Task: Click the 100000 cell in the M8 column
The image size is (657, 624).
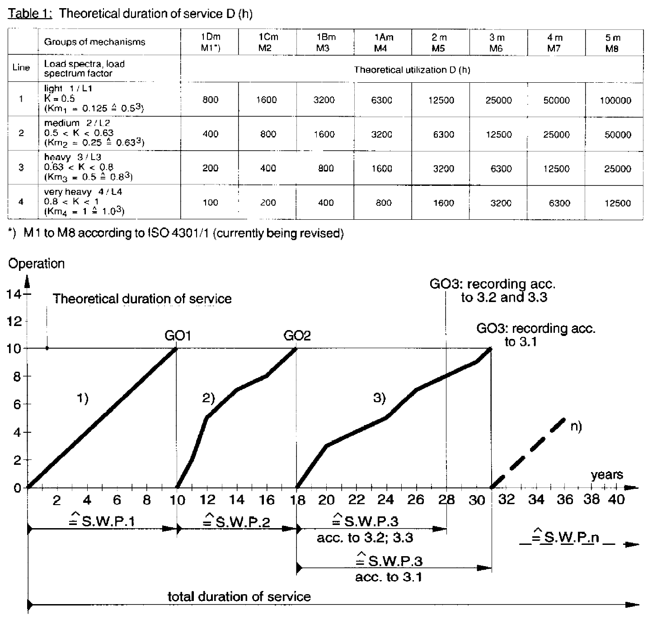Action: pyautogui.click(x=615, y=100)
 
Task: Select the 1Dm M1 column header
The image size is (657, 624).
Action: pyautogui.click(x=210, y=42)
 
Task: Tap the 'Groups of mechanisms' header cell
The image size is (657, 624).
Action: pyautogui.click(x=94, y=42)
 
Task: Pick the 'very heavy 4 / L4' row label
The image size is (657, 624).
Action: pyautogui.click(x=83, y=192)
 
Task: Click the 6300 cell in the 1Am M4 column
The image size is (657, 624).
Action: pyautogui.click(x=381, y=100)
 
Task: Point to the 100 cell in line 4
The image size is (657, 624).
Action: pyautogui.click(x=210, y=202)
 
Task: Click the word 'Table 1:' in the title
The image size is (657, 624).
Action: pyautogui.click(x=30, y=14)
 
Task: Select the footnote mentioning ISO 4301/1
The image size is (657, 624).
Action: pyautogui.click(x=176, y=233)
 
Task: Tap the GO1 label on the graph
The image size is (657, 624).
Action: pyautogui.click(x=178, y=336)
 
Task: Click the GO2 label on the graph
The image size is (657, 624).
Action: pyautogui.click(x=297, y=336)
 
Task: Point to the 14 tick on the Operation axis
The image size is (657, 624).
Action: pyautogui.click(x=14, y=294)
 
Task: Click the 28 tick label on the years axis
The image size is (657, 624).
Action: pyautogui.click(x=446, y=500)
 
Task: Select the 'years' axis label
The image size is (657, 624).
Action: pyautogui.click(x=607, y=474)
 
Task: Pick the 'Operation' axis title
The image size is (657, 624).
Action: pyautogui.click(x=37, y=264)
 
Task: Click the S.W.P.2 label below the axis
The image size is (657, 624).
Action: pyautogui.click(x=236, y=520)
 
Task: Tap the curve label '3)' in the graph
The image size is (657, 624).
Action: pyautogui.click(x=379, y=398)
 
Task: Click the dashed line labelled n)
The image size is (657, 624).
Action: pyautogui.click(x=528, y=453)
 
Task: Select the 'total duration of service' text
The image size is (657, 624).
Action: pyautogui.click(x=239, y=596)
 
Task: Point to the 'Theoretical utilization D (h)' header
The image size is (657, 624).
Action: pyautogui.click(x=412, y=70)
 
